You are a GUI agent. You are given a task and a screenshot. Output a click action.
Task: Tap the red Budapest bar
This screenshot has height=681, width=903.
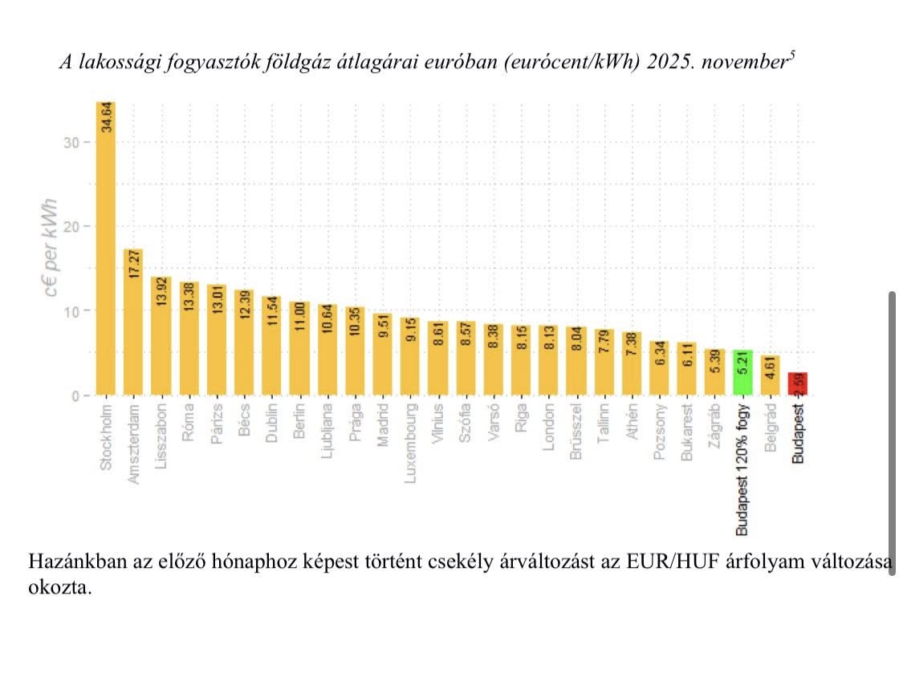(798, 383)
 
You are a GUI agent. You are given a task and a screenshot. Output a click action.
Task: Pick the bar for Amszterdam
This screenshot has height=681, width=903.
(133, 321)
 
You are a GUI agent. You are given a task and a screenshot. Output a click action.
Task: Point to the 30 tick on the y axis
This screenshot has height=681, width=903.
(74, 142)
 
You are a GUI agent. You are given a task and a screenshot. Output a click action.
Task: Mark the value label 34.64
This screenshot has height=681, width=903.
(107, 116)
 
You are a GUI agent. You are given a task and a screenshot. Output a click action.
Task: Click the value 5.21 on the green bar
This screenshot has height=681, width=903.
(743, 365)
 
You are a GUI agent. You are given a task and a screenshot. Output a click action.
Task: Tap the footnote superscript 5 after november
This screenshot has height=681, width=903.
(792, 55)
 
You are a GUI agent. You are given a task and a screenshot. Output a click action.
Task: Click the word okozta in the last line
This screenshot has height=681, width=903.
(58, 587)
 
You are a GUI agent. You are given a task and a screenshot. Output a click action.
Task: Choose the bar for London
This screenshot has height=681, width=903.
(550, 360)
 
